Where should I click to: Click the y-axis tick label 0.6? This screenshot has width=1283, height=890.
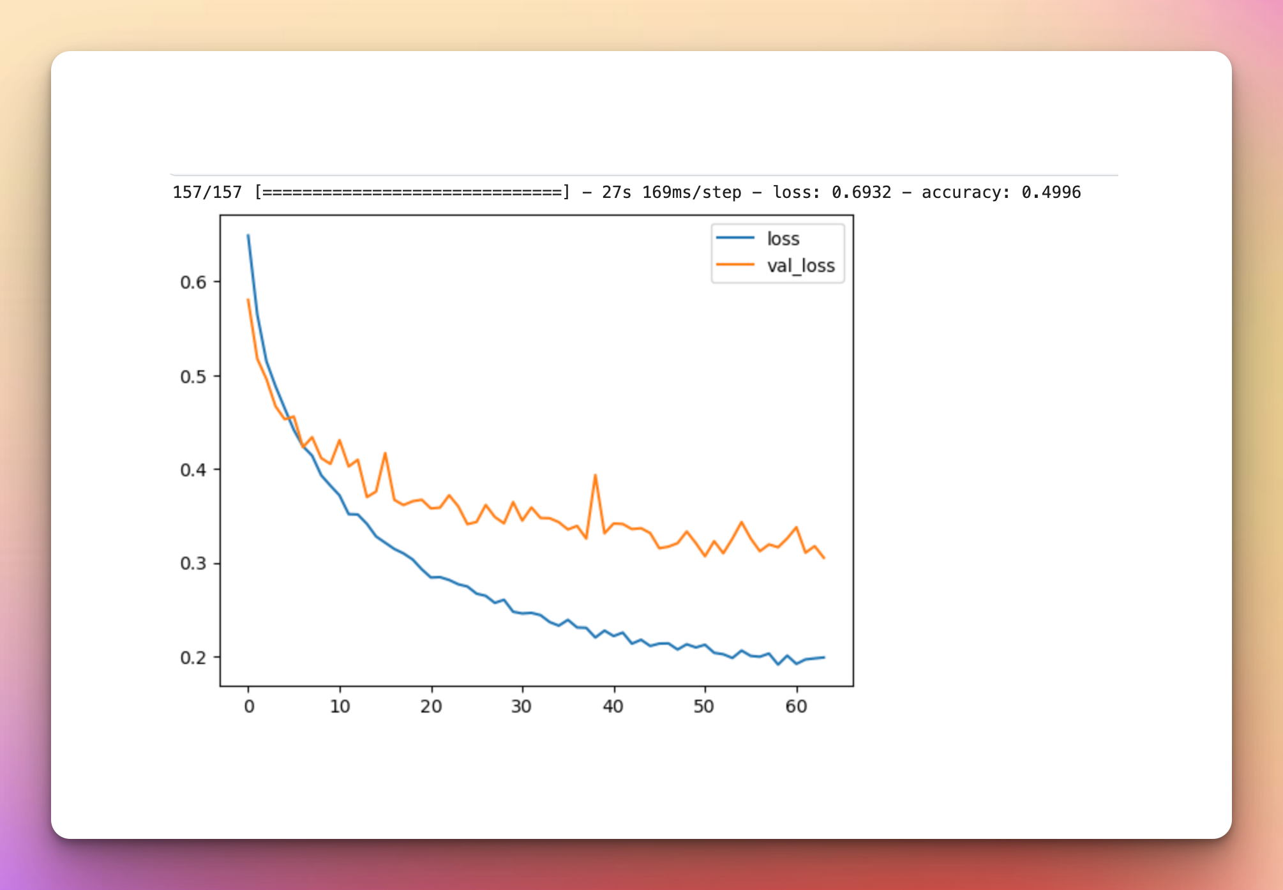193,282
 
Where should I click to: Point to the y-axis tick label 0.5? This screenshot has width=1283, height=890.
193,377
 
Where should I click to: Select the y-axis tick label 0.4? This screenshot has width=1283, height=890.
193,471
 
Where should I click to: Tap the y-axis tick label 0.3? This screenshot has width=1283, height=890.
193,564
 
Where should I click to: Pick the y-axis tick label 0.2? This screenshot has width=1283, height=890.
193,658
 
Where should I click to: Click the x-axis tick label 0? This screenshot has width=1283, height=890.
249,707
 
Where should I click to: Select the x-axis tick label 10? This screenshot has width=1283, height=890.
340,707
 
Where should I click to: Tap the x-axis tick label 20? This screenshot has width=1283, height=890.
431,707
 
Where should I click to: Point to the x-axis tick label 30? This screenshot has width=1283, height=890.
522,707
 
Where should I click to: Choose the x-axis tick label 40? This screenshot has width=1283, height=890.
613,707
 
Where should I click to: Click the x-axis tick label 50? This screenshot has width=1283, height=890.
705,707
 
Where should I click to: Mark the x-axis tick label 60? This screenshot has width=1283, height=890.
797,707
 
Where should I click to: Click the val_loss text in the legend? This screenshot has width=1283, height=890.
801,266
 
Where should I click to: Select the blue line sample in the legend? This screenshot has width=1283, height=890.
735,238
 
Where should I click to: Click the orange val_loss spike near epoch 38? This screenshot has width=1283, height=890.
595,476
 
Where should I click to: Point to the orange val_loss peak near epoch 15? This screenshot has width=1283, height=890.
385,453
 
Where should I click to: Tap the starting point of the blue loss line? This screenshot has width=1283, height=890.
248,236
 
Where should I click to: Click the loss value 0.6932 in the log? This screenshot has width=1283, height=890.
861,192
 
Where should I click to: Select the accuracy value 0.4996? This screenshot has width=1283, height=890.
1051,192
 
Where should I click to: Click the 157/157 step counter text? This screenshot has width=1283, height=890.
207,192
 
